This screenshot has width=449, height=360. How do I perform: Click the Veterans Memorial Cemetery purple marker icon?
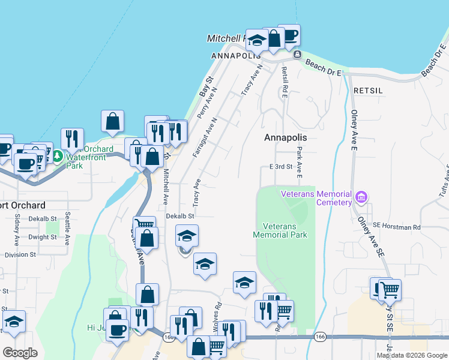(361, 197)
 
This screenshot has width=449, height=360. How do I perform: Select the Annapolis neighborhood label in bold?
(285, 137)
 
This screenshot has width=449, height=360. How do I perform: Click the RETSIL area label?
(368, 90)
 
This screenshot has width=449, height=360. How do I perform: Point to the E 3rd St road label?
(281, 166)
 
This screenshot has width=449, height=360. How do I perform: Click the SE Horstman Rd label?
(397, 227)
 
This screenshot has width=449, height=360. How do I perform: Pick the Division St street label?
(20, 255)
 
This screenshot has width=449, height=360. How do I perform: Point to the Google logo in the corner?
(20, 352)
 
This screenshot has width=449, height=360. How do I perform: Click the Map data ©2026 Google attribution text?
(412, 355)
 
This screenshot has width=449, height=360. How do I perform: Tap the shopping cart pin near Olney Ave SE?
(390, 291)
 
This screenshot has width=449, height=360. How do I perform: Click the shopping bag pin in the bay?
(112, 122)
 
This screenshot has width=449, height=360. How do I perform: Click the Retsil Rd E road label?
(285, 82)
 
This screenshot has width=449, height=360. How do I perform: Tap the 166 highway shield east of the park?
(318, 338)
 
